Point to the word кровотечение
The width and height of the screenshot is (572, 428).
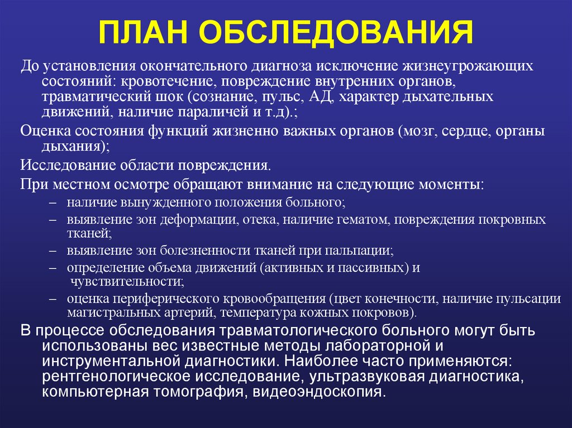[x=164, y=81]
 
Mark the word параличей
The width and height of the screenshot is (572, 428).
[x=212, y=112]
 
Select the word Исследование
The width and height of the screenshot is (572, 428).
[x=65, y=166]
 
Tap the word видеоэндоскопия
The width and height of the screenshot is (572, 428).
[x=318, y=391]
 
